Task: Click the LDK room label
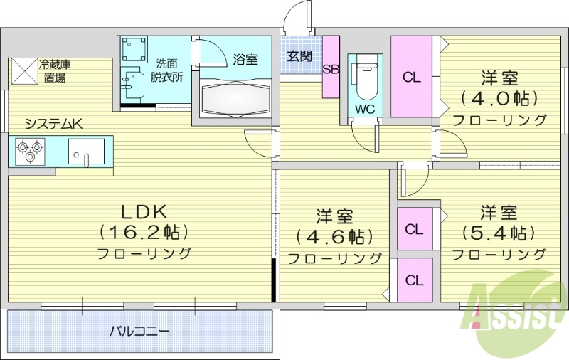[143, 211]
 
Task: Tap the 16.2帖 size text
[143, 232]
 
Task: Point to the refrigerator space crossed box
[23, 71]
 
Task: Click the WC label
[366, 110]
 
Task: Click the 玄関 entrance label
[299, 55]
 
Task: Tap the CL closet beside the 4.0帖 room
[412, 77]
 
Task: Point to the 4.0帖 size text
[499, 97]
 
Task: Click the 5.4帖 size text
[498, 233]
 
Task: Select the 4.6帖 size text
[334, 236]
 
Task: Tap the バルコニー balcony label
[139, 331]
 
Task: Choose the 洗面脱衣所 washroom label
[169, 68]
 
